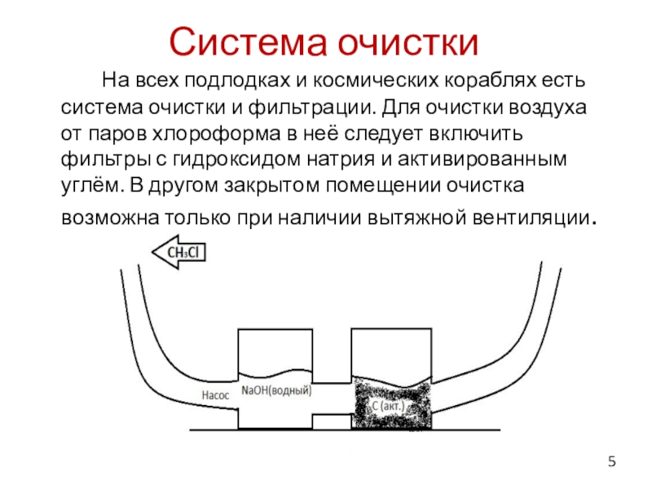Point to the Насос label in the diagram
click(x=217, y=394)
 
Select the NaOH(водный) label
click(x=277, y=390)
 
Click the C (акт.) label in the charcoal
click(x=389, y=405)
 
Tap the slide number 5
click(x=612, y=464)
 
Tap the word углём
click(x=89, y=184)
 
